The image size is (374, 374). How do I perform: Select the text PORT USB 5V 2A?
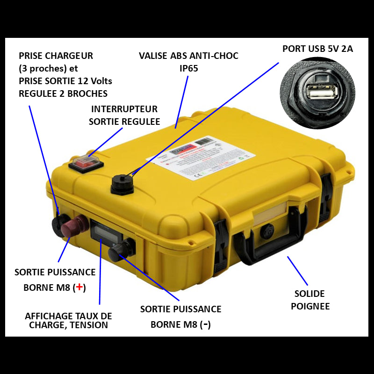(x=317, y=49)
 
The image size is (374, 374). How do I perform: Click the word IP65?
(x=188, y=68)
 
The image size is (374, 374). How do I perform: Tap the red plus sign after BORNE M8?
(x=79, y=287)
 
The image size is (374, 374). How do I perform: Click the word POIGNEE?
(x=310, y=306)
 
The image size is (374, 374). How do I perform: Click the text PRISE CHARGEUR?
(x=56, y=56)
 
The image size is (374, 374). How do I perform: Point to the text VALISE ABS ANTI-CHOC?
(x=188, y=56)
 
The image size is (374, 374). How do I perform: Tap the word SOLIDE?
(x=309, y=294)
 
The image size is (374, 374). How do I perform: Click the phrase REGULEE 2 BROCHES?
(x=63, y=93)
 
